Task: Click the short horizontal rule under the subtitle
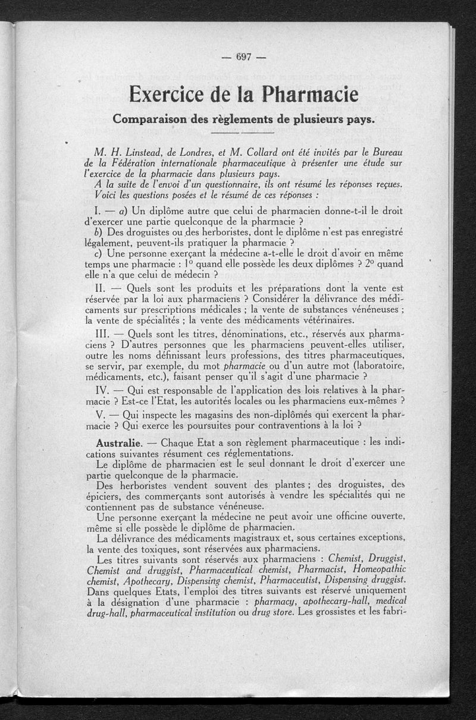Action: click(243, 132)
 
